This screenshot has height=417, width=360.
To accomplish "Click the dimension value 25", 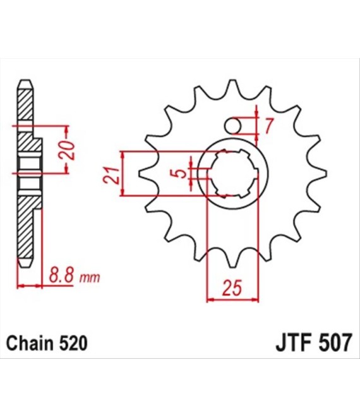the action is pos(232,287).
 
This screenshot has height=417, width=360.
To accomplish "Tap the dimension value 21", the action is pos(111,176).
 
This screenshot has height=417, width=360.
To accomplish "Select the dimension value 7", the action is pos(268,126).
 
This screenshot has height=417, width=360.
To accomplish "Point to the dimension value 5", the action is pos(182,174).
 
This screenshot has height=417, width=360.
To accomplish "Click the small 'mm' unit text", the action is pos(90,277).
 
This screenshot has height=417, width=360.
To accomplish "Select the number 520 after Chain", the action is pos(73,343).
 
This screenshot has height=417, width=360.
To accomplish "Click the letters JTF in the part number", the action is pos(293,343).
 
